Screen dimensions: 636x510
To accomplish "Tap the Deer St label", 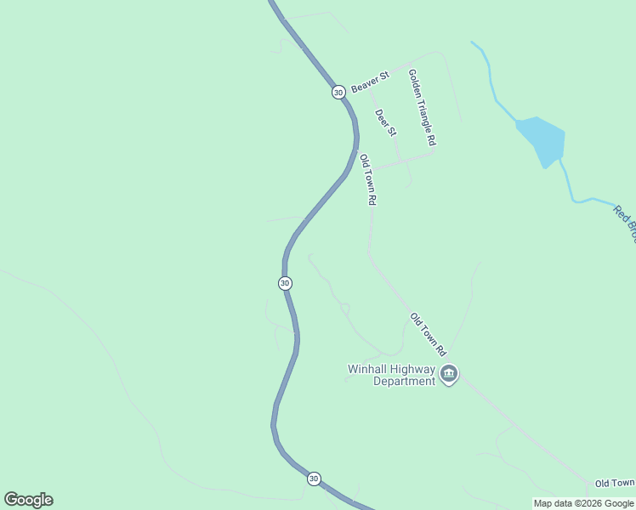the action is click(x=385, y=122).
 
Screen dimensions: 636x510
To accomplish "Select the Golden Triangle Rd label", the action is click(x=423, y=106).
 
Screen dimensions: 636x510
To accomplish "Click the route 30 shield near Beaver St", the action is click(x=338, y=92).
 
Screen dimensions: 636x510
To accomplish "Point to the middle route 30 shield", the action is click(x=285, y=283).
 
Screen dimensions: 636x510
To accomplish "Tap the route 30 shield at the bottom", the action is click(x=314, y=479).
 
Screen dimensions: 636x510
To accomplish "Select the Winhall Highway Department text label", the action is click(x=391, y=375).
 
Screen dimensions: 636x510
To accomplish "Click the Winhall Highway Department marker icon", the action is click(x=449, y=374).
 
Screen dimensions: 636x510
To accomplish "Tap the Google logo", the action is click(x=28, y=500).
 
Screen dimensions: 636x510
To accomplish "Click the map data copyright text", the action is click(x=584, y=503).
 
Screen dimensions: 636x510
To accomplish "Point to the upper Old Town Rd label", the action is click(x=367, y=179).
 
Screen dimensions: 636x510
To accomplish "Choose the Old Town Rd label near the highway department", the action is click(x=428, y=334).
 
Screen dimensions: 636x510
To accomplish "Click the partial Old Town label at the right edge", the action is click(x=615, y=483).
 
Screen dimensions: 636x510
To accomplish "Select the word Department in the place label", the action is click(x=405, y=381).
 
